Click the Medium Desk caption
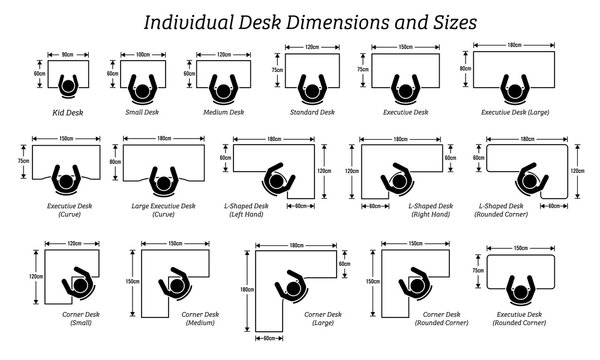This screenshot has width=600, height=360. click(x=218, y=113)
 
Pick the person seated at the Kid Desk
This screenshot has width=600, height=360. click(x=67, y=87)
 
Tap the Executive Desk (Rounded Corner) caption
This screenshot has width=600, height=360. click(x=521, y=319)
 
